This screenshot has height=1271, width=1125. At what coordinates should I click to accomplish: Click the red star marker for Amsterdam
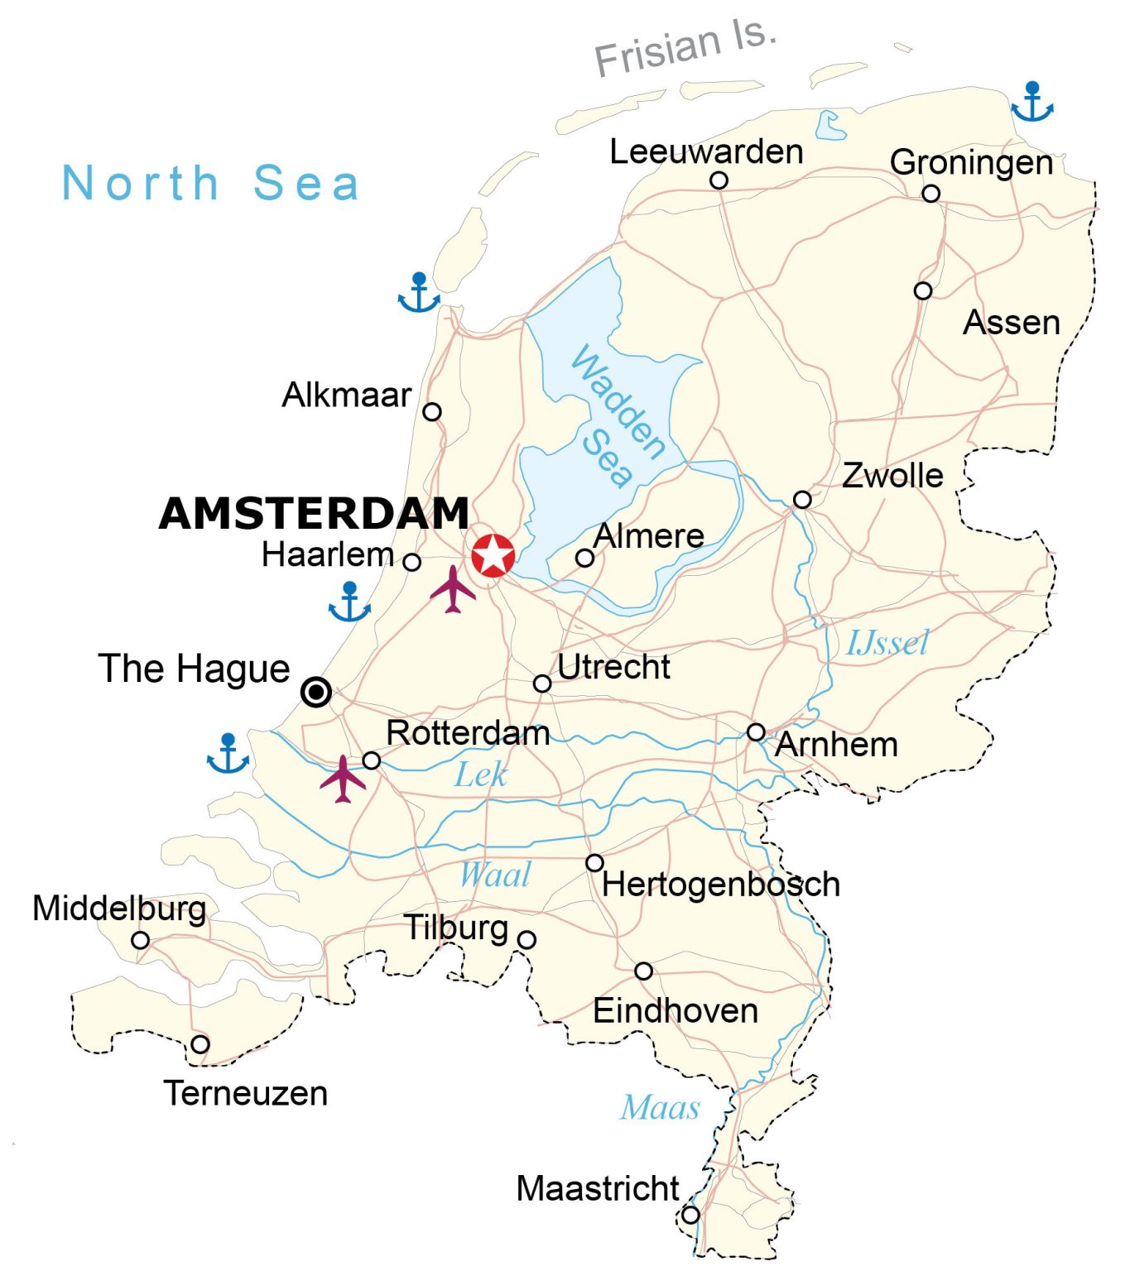(x=493, y=555)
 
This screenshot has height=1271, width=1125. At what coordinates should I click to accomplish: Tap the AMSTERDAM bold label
(x=314, y=513)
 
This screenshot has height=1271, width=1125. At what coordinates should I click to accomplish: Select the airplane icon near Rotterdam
(x=343, y=779)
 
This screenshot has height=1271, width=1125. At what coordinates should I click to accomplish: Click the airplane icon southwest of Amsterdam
(x=453, y=589)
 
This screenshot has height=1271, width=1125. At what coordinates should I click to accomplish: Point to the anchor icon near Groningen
(x=1031, y=103)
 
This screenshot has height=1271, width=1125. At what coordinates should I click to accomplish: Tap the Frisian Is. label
(x=685, y=48)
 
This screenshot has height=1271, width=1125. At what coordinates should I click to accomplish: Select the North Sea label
(x=211, y=183)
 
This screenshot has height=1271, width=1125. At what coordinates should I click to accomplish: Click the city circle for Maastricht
(x=690, y=1215)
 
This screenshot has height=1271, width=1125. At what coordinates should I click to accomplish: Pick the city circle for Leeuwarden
(x=719, y=180)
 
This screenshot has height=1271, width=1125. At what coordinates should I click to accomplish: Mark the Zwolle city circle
(x=801, y=500)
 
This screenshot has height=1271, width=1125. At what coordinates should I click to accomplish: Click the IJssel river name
(x=887, y=643)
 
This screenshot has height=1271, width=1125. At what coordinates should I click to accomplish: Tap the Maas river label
(x=660, y=1107)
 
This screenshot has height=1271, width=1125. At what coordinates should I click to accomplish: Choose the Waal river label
(x=495, y=875)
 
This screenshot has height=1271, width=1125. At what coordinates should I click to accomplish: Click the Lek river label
(x=480, y=775)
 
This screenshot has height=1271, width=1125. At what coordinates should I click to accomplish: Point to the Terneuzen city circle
(x=200, y=1044)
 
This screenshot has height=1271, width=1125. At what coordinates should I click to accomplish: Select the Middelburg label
(x=119, y=908)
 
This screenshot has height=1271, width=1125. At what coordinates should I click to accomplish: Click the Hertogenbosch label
(x=721, y=885)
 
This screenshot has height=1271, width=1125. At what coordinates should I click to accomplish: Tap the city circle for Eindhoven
(x=643, y=971)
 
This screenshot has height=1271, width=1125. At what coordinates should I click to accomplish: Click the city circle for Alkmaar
(x=431, y=411)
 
